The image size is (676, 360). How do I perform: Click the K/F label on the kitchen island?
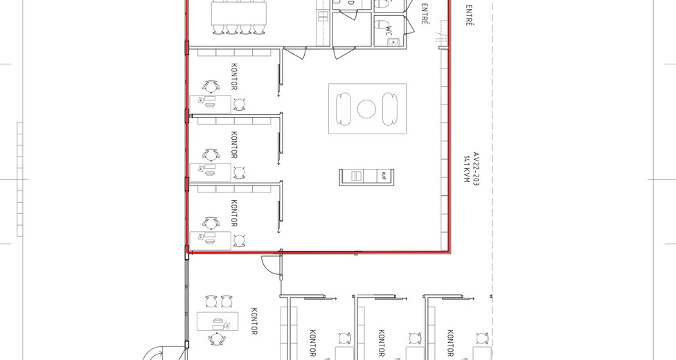[x=382, y=177]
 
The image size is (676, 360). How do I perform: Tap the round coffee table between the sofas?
[x=366, y=109]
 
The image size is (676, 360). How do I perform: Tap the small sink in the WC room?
[x=393, y=41]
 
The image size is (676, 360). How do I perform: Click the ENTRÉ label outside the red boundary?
[x=470, y=15]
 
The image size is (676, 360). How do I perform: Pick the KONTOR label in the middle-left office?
[x=233, y=144]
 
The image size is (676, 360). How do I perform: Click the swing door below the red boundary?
[x=271, y=265]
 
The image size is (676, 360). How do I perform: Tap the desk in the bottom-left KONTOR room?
[x=217, y=322]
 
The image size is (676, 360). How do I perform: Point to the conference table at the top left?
[x=238, y=12]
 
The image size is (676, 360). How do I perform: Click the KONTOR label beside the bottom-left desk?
[x=254, y=321]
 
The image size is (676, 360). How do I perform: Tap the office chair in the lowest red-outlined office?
[x=210, y=223]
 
